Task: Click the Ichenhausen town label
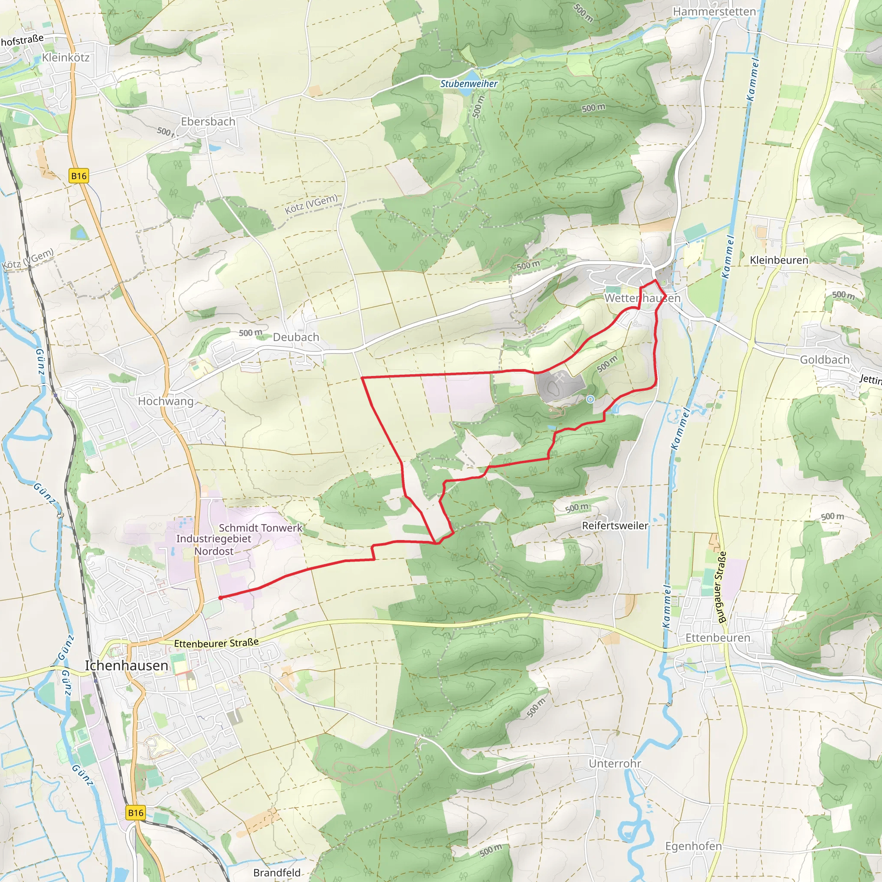[x=127, y=666]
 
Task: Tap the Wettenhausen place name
[x=642, y=298]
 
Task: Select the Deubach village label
[x=296, y=337]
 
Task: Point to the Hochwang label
[x=166, y=401]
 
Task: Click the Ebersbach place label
[x=208, y=122]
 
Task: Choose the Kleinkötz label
[x=66, y=58]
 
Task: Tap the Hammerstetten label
[x=714, y=12]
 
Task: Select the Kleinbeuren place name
[x=779, y=260]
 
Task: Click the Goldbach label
[x=824, y=360]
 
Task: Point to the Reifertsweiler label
[x=615, y=525]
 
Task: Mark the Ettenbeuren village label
[x=717, y=638]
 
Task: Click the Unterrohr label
[x=615, y=763]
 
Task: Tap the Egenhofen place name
[x=693, y=846]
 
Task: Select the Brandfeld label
[x=276, y=873]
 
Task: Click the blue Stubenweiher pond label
[x=469, y=84]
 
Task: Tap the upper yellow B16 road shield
[x=78, y=176]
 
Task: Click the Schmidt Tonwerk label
[x=260, y=528]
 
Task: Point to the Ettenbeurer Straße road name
[x=216, y=643]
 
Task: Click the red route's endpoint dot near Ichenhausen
[x=220, y=598]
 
